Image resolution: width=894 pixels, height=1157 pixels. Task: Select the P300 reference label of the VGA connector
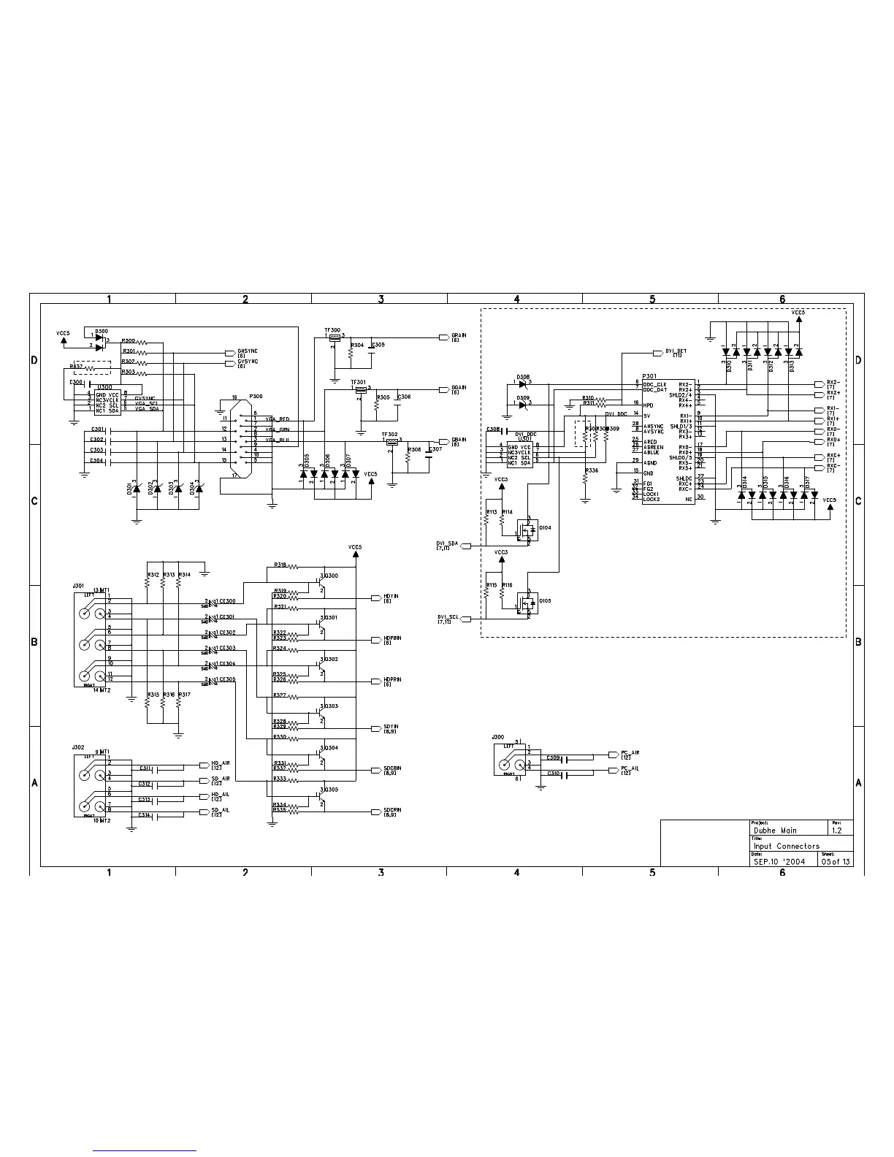[x=256, y=396]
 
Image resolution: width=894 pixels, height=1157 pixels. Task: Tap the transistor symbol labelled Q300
[x=321, y=583]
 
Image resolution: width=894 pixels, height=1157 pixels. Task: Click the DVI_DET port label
[x=676, y=351]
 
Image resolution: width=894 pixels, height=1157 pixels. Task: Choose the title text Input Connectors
[x=787, y=846]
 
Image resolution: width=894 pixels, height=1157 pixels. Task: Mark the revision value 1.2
[x=837, y=830]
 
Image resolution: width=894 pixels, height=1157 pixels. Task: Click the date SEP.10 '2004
[x=780, y=861]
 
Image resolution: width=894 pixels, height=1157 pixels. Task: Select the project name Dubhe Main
[x=775, y=830]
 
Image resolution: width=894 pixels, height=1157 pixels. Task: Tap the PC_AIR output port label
[x=630, y=752]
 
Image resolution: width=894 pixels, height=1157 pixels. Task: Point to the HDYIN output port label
[x=391, y=597]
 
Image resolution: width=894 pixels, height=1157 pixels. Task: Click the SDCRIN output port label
[x=392, y=811]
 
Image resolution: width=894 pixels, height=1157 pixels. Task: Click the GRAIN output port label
[x=459, y=336]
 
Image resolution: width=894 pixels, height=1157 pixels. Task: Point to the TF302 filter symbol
[x=392, y=440]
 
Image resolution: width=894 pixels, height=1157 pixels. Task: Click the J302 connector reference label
[x=78, y=748]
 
